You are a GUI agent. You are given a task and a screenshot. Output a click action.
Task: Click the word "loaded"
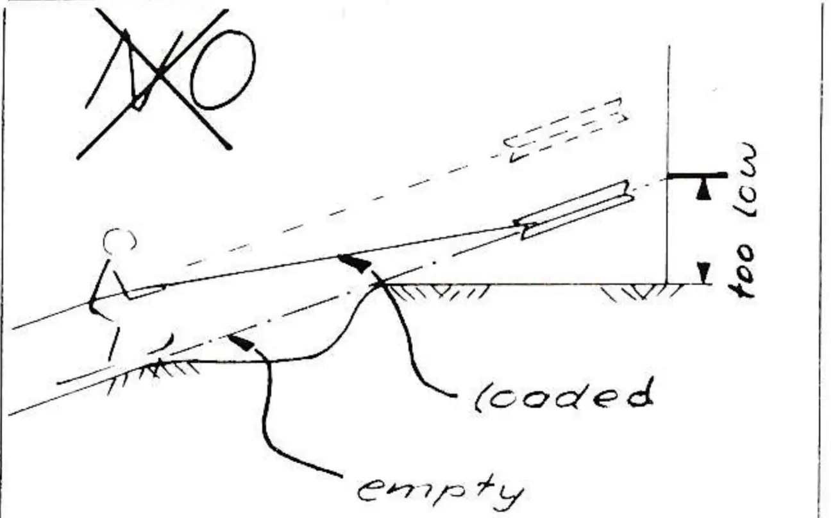tap(564, 396)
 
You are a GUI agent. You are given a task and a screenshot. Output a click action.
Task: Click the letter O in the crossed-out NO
tap(223, 70)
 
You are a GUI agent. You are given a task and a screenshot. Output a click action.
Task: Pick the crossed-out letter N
tap(133, 70)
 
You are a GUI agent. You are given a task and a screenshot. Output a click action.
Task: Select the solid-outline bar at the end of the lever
tap(575, 210)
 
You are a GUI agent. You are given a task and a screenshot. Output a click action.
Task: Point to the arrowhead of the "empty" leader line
tap(241, 342)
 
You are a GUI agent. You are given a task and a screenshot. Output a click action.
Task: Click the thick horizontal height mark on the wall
tap(697, 175)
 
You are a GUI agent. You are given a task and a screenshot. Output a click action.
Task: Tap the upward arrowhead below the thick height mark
tap(703, 191)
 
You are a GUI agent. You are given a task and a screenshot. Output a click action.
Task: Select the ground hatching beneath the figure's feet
tap(153, 374)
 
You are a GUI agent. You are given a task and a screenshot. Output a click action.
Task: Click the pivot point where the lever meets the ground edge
tap(380, 285)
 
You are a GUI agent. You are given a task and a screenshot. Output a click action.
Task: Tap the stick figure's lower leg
tap(114, 344)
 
